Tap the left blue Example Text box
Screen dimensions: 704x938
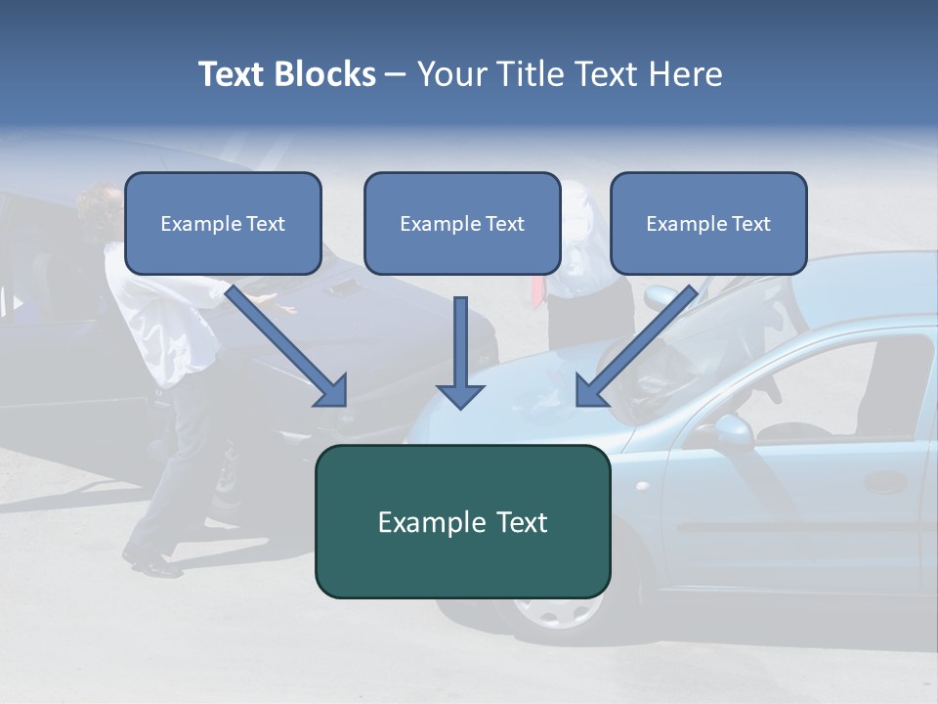[x=223, y=223]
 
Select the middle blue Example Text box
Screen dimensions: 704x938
[x=462, y=223]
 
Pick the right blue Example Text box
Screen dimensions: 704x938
[x=708, y=223]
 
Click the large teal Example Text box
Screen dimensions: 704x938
[x=462, y=521]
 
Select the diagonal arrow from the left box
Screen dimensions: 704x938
[x=288, y=347]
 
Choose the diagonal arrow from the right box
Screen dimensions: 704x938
[x=635, y=347]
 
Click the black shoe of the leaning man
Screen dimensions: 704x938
[x=151, y=564]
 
